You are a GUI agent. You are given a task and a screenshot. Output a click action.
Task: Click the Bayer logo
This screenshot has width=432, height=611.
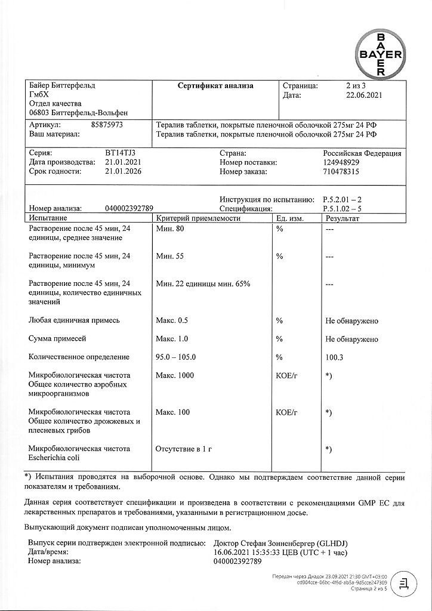tap(380, 53)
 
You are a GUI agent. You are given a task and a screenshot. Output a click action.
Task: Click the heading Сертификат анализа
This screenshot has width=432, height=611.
tap(215, 86)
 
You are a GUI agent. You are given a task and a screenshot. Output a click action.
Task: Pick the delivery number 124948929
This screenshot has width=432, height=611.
tap(341, 162)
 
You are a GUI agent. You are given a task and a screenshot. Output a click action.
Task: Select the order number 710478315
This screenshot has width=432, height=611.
tap(341, 171)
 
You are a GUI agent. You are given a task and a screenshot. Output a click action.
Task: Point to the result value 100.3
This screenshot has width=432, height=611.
tap(335, 357)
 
